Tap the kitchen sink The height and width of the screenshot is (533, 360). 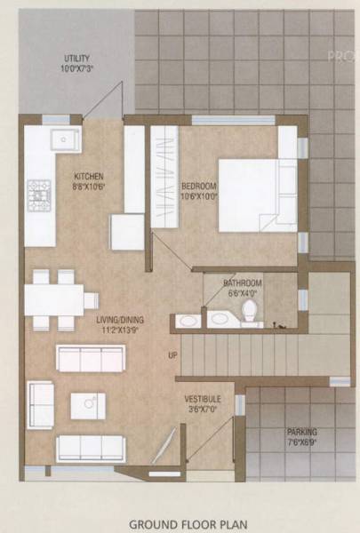(65, 140)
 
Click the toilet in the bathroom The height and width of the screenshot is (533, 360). (250, 311)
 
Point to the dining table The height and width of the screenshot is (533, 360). (54, 298)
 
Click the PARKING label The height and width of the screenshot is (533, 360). (302, 433)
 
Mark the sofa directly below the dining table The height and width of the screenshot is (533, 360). (90, 357)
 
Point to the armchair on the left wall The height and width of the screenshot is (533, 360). (41, 404)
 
